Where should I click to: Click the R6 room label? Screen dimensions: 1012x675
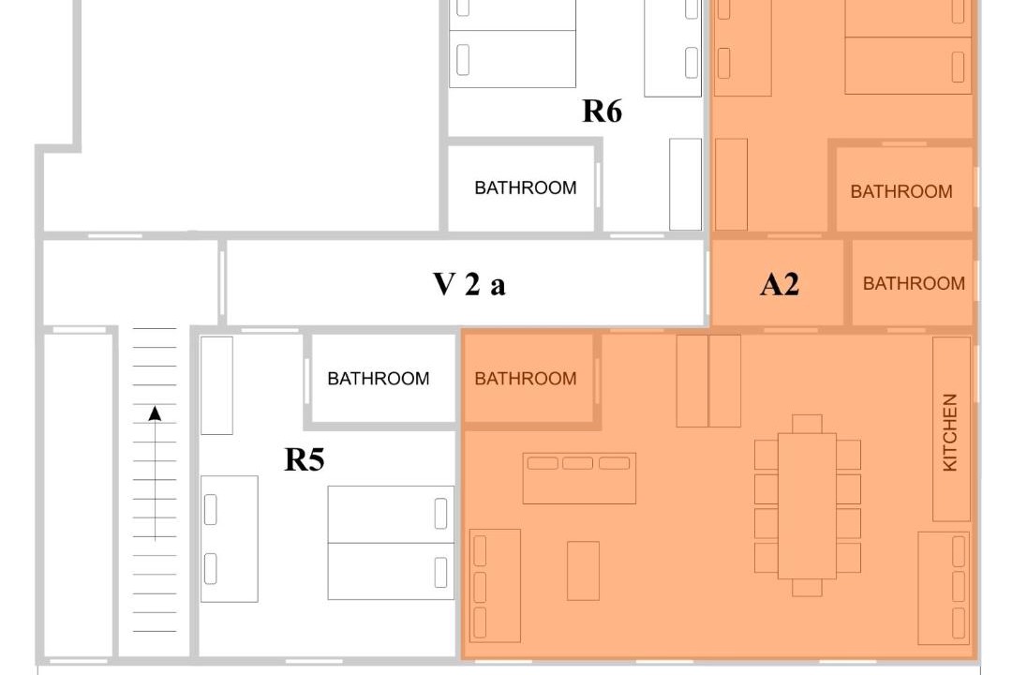coord(603,112)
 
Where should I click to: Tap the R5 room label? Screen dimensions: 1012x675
coord(304,460)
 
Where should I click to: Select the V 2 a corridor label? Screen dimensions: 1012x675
coord(469,284)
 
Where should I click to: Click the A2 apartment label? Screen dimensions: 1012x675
coord(780,284)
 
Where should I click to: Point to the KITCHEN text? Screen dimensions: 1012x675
coord(950,432)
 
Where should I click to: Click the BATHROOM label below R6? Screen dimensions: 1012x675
coord(526,187)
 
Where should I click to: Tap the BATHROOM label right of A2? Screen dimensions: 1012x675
coord(914,283)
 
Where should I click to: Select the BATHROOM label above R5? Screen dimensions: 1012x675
coord(379,379)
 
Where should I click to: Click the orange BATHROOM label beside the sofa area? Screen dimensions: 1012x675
coord(526,379)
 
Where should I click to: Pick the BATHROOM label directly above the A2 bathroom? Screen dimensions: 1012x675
coord(901,192)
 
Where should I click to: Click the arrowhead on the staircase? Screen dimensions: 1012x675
coord(155,413)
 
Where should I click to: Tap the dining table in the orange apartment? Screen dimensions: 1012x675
coord(807,505)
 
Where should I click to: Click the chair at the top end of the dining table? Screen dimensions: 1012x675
coord(807,424)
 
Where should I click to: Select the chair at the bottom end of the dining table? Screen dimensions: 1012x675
coord(807,587)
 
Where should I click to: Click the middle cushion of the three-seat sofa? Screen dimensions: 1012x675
coord(577,463)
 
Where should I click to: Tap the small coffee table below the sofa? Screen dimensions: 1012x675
coord(584,571)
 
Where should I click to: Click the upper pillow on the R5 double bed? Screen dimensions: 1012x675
coord(440,514)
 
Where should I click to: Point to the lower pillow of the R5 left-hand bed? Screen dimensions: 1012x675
coord(211,569)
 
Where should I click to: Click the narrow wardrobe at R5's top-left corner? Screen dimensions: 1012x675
coord(216,385)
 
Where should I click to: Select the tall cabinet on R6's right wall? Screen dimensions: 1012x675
coord(685,184)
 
